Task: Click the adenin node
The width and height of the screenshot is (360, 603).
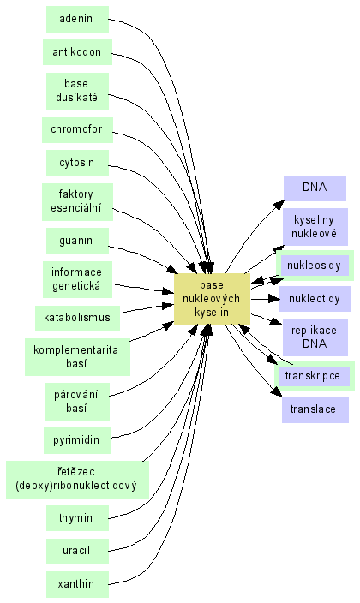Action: pyautogui.click(x=77, y=19)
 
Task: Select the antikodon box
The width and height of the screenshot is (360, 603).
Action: pyautogui.click(x=77, y=52)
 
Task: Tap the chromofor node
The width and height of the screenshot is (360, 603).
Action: pyautogui.click(x=77, y=129)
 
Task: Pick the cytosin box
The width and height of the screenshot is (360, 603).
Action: pyautogui.click(x=77, y=163)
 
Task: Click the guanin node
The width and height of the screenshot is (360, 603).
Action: pyautogui.click(x=77, y=241)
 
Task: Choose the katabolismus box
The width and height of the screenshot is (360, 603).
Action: pyautogui.click(x=77, y=318)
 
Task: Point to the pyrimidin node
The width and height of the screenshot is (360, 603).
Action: pyautogui.click(x=77, y=440)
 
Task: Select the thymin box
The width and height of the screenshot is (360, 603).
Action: pyautogui.click(x=77, y=517)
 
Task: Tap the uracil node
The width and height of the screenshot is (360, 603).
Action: pyautogui.click(x=77, y=551)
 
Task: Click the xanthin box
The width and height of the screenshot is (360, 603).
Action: pyautogui.click(x=77, y=584)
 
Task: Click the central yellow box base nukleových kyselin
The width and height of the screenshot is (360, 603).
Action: pyautogui.click(x=212, y=299)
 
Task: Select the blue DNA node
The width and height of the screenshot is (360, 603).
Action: pyautogui.click(x=315, y=188)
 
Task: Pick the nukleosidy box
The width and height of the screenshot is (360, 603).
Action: pyautogui.click(x=315, y=266)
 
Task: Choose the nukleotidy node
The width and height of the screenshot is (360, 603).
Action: pyautogui.click(x=315, y=299)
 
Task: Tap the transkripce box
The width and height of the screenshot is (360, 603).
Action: pyautogui.click(x=314, y=376)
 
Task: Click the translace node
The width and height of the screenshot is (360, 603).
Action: pyautogui.click(x=315, y=409)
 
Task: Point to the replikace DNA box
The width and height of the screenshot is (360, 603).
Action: pyautogui.click(x=315, y=337)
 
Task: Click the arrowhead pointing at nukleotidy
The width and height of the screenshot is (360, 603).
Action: pyautogui.click(x=274, y=299)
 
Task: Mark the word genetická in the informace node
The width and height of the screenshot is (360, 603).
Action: pyautogui.click(x=76, y=286)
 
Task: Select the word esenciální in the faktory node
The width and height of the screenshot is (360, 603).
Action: pyautogui.click(x=76, y=207)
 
